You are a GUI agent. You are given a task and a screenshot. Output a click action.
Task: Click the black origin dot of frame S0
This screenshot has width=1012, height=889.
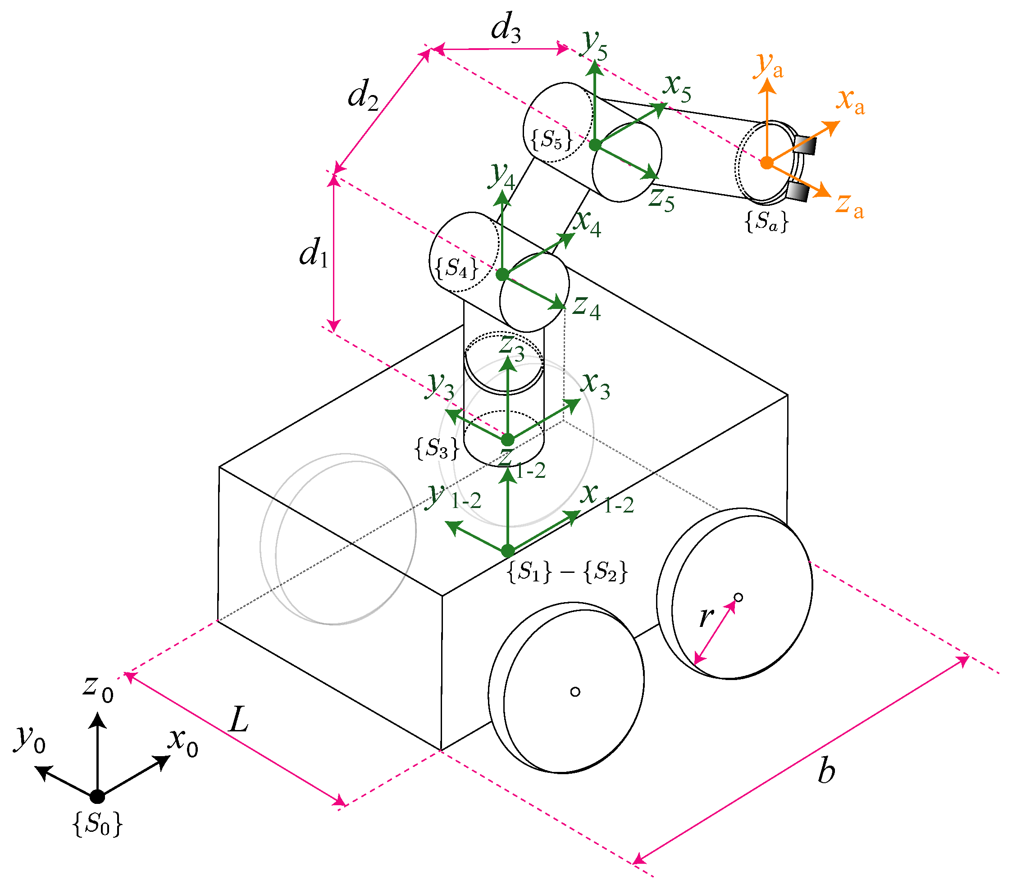point(97,796)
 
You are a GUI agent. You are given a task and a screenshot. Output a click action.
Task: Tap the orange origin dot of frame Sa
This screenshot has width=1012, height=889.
point(766,163)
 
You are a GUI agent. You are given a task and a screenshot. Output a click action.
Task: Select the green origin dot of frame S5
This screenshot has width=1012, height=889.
point(595,145)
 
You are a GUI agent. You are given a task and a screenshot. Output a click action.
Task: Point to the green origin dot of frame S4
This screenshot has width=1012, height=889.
point(502,274)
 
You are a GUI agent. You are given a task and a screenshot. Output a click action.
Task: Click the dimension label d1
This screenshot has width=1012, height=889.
point(314,253)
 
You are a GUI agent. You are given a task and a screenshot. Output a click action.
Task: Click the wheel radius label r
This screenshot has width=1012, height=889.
point(706,616)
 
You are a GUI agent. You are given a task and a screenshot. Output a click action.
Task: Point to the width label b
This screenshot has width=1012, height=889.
point(826,771)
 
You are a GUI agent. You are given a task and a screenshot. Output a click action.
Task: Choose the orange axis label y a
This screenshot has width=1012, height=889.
point(768,65)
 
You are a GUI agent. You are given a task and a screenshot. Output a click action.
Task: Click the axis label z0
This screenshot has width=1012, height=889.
point(98,688)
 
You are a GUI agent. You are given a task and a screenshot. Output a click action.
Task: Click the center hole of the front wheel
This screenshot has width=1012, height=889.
point(575,691)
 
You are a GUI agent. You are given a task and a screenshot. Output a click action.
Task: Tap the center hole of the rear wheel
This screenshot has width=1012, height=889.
point(738,598)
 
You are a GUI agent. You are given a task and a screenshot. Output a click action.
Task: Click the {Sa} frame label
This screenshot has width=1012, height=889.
point(766,222)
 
